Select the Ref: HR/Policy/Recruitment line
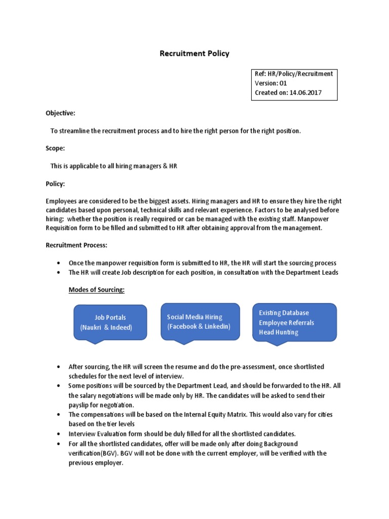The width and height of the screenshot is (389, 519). [294, 74]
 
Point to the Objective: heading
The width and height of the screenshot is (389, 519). [60, 113]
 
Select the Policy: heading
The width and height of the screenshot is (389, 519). [55, 183]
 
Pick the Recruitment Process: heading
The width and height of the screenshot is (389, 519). [76, 245]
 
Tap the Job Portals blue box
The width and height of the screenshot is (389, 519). [110, 323]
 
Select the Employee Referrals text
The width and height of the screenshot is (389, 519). [286, 323]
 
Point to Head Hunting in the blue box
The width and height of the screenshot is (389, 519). [279, 332]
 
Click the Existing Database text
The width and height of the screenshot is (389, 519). [284, 313]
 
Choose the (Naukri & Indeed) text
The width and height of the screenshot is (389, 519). [106, 328]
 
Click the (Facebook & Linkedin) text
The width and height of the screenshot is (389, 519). [199, 326]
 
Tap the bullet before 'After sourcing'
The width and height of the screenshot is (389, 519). [59, 366]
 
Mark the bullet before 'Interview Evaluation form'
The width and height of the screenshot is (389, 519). [59, 434]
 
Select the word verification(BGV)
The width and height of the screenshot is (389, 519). [93, 453]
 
